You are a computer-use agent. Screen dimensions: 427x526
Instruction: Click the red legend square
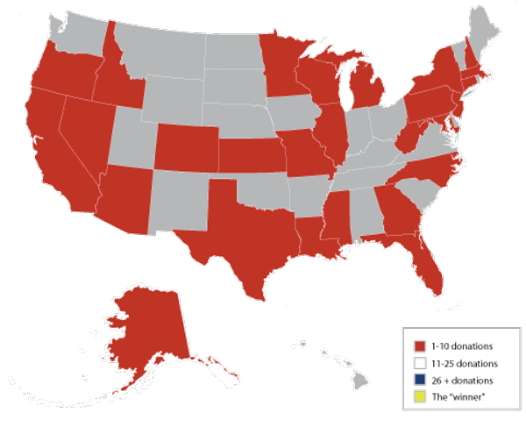(x=420, y=345)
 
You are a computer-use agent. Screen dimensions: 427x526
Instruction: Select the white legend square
(x=420, y=362)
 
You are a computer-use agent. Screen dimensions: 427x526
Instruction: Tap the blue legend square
(x=420, y=379)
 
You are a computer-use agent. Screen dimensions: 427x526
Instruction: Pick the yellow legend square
(x=420, y=396)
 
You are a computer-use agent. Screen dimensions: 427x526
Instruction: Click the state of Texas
(x=245, y=232)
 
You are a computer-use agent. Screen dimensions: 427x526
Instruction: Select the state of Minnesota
(x=281, y=75)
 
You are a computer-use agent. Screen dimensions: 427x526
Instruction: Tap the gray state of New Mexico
(x=180, y=202)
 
